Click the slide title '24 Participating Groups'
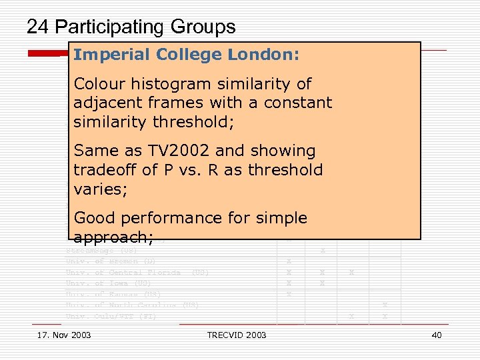[x=131, y=27]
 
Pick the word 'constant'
[x=298, y=103]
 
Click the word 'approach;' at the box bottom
[x=114, y=237]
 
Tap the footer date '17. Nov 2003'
[x=65, y=335]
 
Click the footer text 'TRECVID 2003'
[x=237, y=335]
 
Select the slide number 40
[x=437, y=335]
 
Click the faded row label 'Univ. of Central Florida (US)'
[x=137, y=273]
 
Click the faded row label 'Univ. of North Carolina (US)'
[x=132, y=305]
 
